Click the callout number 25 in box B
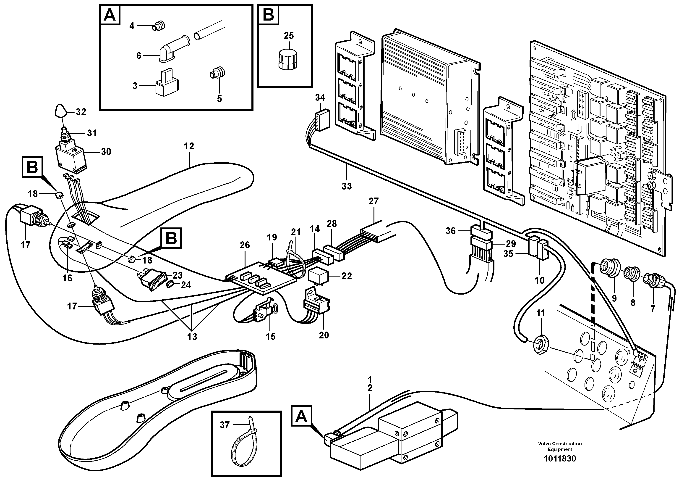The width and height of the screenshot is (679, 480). [289, 36]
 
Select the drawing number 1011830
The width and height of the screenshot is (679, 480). [560, 459]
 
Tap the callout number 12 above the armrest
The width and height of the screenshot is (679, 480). [189, 146]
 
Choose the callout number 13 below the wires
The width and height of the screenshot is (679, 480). [192, 337]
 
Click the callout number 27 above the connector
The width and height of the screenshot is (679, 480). [373, 201]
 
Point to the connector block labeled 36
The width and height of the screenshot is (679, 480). [481, 232]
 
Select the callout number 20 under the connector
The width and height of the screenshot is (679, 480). [324, 335]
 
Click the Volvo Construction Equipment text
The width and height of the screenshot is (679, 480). [560, 446]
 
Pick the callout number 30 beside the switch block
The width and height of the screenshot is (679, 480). [106, 152]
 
